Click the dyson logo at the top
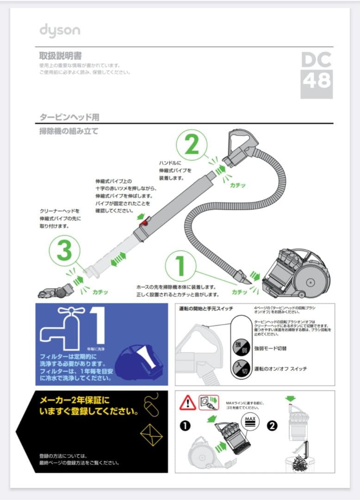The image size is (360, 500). [59, 31]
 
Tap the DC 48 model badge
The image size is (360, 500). [317, 75]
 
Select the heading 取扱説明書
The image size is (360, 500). [61, 56]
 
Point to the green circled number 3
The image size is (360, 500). [64, 252]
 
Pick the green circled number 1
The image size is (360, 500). [181, 266]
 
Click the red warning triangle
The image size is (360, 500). [187, 402]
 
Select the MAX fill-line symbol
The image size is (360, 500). [251, 420]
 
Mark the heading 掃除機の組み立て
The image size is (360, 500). [69, 131]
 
